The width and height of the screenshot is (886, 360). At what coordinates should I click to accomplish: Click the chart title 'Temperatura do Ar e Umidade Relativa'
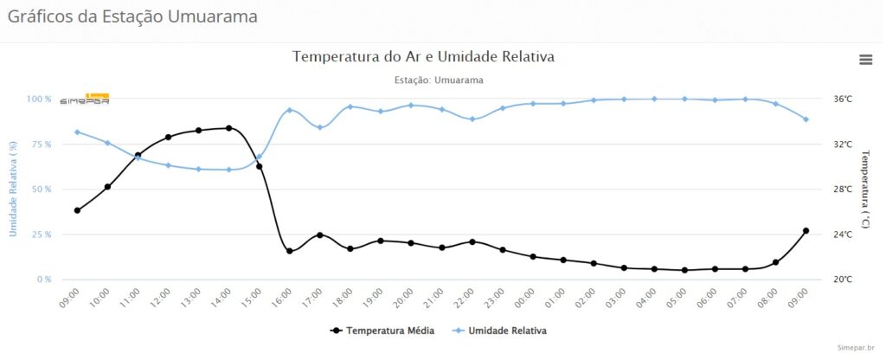[423, 57]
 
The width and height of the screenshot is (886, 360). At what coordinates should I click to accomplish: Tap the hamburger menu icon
[865, 59]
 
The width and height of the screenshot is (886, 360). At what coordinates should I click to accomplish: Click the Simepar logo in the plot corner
[84, 99]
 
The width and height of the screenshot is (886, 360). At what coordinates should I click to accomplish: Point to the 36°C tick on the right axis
[843, 100]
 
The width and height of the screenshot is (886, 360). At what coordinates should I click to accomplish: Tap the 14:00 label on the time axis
[222, 299]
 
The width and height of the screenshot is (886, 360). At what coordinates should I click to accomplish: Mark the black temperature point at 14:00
[228, 128]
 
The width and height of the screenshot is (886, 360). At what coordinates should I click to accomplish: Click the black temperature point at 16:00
[290, 251]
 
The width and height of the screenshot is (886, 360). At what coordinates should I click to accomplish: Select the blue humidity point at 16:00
[290, 110]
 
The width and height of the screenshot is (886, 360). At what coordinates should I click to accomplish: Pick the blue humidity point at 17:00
[320, 127]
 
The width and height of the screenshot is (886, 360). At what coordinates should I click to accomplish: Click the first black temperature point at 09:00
[77, 210]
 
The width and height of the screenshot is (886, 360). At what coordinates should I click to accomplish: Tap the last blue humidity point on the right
[806, 119]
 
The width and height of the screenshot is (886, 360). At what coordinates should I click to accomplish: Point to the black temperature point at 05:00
[684, 270]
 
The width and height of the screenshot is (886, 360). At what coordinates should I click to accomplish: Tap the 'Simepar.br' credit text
[857, 347]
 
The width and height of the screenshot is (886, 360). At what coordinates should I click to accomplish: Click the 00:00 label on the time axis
[526, 299]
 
